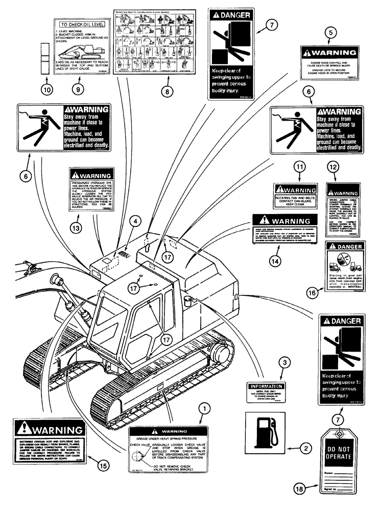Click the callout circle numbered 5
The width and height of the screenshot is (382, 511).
(x=331, y=32)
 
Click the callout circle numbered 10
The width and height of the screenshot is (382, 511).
(x=46, y=88)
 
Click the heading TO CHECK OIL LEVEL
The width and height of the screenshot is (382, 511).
(x=80, y=24)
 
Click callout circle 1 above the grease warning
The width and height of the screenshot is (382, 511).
(x=204, y=408)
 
